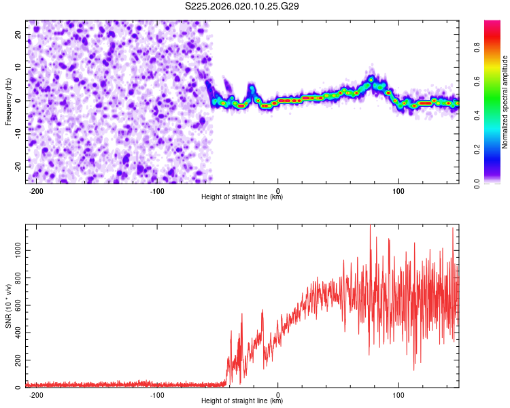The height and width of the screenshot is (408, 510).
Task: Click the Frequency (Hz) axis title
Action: pos(8,101)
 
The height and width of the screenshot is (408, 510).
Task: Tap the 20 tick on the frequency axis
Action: pos(19,35)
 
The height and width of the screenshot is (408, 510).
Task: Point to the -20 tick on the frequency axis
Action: pos(18,166)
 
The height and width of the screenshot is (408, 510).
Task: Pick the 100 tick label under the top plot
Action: pos(398,190)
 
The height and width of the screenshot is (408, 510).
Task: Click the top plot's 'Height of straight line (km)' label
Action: pos(243,197)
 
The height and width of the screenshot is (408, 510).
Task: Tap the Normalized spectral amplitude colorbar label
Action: pos(505,101)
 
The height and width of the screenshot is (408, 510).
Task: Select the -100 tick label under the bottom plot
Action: pos(157,394)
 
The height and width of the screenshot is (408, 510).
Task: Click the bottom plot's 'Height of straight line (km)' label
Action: pos(243,401)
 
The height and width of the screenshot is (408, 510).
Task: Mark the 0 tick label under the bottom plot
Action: pos(278,394)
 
